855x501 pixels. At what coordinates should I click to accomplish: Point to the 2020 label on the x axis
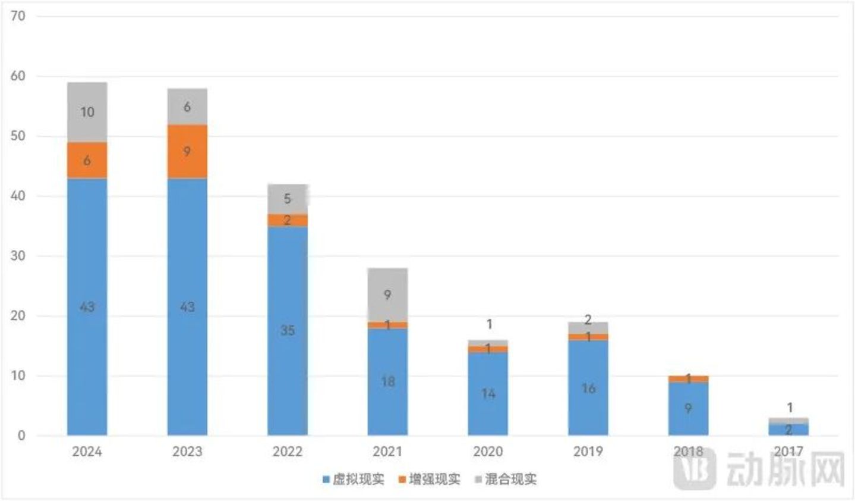pos(488,452)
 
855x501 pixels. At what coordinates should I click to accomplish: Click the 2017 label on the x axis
pos(788,452)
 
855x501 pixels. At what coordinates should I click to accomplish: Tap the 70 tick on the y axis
pos(18,16)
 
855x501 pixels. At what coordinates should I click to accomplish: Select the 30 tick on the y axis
pos(18,256)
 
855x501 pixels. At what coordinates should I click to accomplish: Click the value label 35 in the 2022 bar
pos(288,331)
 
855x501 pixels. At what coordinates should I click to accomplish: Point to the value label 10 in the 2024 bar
pos(87,112)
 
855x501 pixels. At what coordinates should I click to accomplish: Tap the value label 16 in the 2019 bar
pos(588,389)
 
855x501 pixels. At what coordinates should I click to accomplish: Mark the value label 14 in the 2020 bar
pos(488,394)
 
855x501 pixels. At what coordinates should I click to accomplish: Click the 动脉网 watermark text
pos(784,470)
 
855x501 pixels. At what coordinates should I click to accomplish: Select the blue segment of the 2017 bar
pos(788,429)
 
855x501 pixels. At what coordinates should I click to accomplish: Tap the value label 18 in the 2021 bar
pos(388,381)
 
